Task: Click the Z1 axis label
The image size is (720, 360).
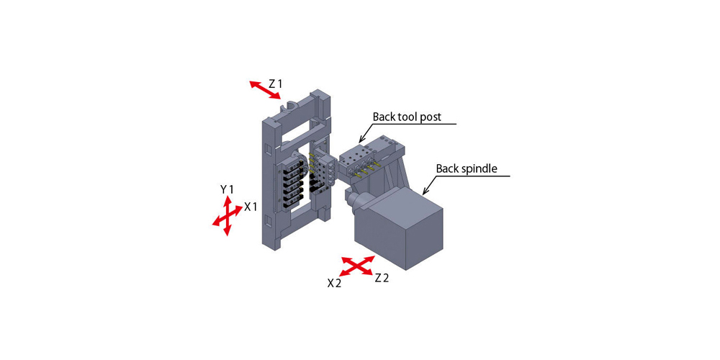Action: coord(275,84)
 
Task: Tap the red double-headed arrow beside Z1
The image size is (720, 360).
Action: coord(265,90)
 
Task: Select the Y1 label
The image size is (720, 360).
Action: coord(228,189)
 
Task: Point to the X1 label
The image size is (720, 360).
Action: coord(251,207)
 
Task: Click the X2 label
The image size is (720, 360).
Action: coord(334,283)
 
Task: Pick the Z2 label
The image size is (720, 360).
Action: coord(382,278)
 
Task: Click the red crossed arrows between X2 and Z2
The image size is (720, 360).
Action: coord(357,266)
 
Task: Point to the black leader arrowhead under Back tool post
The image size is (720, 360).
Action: coord(361,139)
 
